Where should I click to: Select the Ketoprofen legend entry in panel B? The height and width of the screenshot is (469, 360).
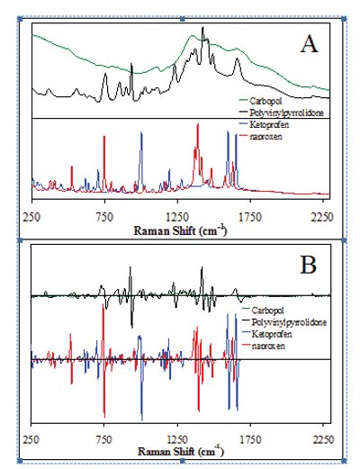pos(272,332)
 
